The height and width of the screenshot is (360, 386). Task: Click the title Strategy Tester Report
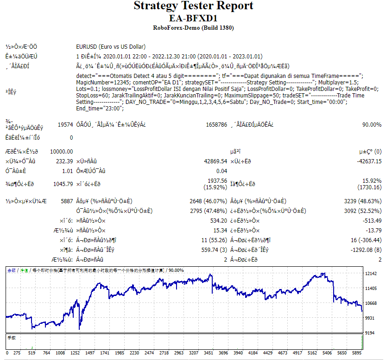tap(193, 6)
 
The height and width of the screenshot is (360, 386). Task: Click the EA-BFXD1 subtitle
tap(193, 18)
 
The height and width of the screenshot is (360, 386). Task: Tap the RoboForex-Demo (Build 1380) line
tap(193, 28)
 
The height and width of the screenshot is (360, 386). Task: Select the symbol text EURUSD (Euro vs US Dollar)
tap(111, 46)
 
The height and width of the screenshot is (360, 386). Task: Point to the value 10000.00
tap(61, 152)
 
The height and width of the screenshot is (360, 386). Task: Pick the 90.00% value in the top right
tap(372, 125)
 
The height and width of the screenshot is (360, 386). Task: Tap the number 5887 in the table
tap(66, 201)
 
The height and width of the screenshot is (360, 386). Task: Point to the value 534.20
tap(218, 220)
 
